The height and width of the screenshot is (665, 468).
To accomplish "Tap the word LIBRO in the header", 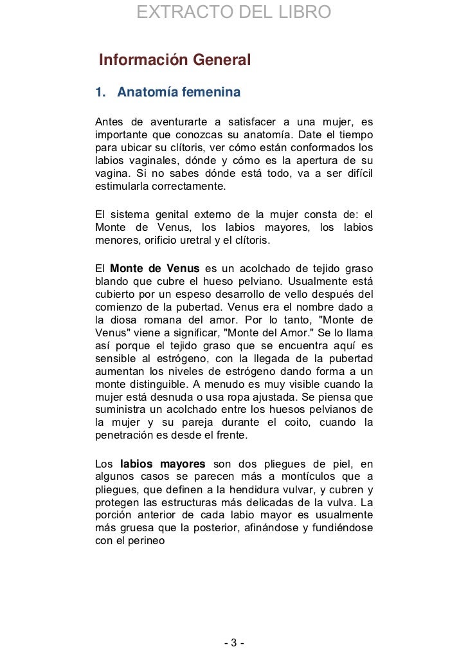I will pos(301,12).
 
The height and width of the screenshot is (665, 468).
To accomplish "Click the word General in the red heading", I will pos(217,62).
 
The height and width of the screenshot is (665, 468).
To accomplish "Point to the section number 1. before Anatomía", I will pos(100,93).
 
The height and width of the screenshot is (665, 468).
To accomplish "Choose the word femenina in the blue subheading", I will pos(210,93).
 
